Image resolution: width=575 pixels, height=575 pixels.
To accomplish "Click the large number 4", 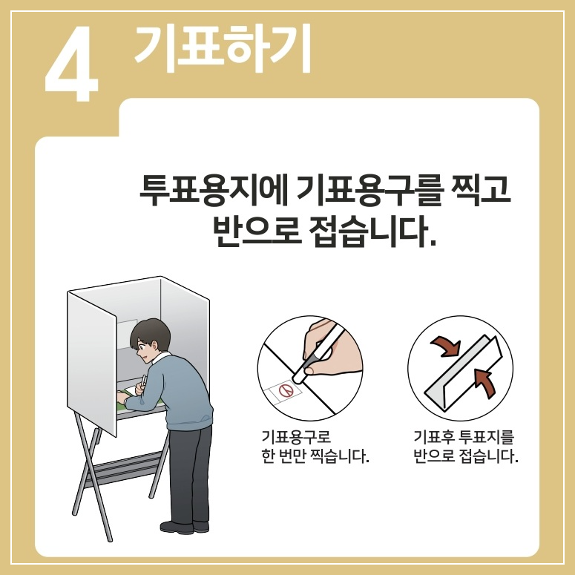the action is tap(71, 64).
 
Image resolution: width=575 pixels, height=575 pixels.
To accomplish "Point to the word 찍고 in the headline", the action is tap(481, 190).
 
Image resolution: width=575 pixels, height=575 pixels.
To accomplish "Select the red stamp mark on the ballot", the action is tap(286, 390).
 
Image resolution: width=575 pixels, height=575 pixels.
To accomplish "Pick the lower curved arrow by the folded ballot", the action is tap(484, 382).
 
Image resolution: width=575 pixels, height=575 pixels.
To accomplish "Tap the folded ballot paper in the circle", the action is tap(463, 371).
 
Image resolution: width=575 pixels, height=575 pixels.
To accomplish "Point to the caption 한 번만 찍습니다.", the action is tap(315, 456).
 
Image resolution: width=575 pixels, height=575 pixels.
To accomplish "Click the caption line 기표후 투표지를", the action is tap(464, 436).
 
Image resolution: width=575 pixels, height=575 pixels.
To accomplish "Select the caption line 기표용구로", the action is tap(296, 436).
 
